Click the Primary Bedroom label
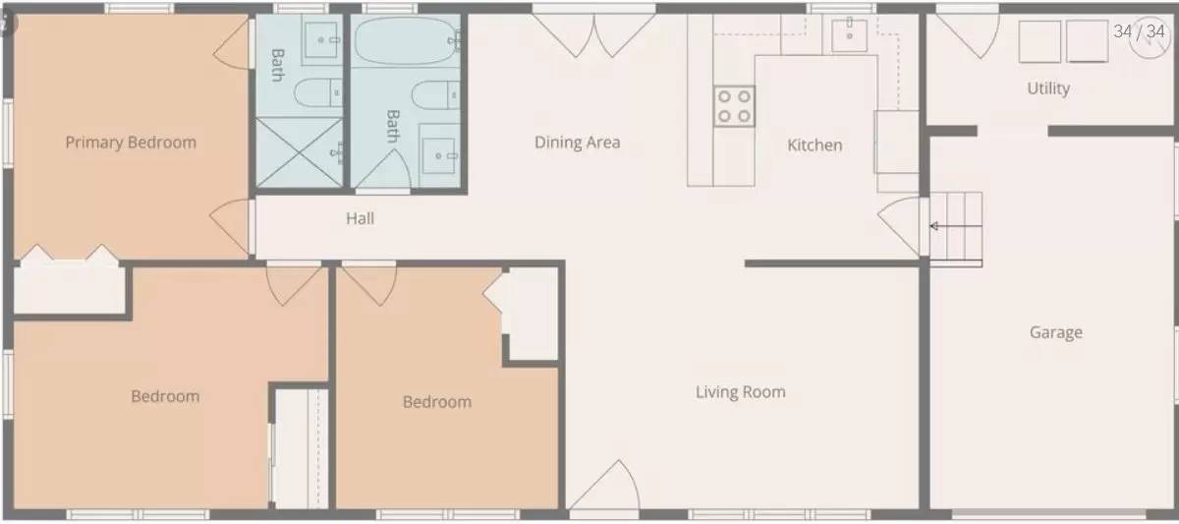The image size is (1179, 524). click(x=131, y=143)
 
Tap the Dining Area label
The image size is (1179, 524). click(x=577, y=143)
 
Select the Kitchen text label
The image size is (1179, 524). click(x=814, y=146)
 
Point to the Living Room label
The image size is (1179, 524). click(x=740, y=392)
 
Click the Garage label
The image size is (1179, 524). click(x=1055, y=332)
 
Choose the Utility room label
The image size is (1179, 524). click(x=1047, y=88)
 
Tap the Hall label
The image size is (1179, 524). click(x=360, y=218)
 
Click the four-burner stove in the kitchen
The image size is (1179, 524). click(x=734, y=105)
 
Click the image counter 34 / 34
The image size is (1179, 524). click(x=1139, y=31)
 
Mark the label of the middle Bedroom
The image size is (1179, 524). click(x=436, y=402)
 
